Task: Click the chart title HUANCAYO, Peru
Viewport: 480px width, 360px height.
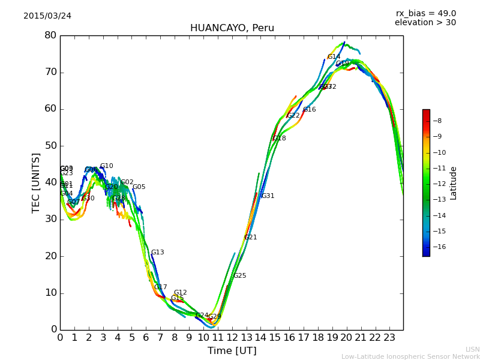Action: (232, 28)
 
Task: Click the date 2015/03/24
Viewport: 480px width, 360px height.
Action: (47, 16)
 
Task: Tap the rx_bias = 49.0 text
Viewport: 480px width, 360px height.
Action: (425, 14)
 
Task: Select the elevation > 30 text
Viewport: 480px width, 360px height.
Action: (425, 23)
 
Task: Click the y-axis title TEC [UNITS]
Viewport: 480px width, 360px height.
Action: (36, 182)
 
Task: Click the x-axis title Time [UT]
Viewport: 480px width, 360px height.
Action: (232, 351)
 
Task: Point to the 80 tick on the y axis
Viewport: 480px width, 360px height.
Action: (50, 35)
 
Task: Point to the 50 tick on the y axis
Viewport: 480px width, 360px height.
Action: (50, 146)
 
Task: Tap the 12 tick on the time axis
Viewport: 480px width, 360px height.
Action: (232, 338)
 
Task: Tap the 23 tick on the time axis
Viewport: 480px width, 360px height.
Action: (389, 338)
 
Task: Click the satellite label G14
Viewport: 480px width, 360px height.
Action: (334, 57)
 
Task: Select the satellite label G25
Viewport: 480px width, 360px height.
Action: (239, 276)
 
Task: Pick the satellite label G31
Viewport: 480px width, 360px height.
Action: (268, 196)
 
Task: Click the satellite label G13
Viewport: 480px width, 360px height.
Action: (157, 253)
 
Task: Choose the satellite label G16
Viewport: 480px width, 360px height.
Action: (309, 110)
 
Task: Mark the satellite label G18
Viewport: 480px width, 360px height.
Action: (279, 139)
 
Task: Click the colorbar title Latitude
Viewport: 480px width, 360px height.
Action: (454, 183)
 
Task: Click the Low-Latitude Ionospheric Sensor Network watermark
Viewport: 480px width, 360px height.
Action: (410, 357)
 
